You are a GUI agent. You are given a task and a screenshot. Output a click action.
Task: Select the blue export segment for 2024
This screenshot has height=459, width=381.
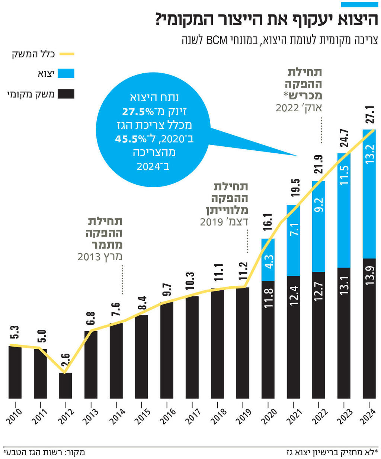(x=369, y=194)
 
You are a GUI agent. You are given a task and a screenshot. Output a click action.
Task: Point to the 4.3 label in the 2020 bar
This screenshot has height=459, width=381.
(x=269, y=262)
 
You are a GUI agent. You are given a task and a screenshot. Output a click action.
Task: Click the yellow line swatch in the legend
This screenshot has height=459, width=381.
(x=67, y=54)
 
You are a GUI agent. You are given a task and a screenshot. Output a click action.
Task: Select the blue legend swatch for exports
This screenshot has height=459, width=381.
(x=67, y=73)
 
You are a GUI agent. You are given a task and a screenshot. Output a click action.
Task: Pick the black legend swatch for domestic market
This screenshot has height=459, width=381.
(x=67, y=94)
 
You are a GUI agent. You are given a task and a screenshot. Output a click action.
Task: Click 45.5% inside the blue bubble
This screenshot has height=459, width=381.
(x=131, y=139)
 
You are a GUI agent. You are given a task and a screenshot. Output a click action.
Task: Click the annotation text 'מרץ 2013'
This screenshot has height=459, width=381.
(x=100, y=257)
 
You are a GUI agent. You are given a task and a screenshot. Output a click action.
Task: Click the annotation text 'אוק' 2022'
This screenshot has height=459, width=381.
(x=299, y=108)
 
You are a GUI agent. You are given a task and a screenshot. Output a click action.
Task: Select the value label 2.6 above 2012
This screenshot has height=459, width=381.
(x=65, y=361)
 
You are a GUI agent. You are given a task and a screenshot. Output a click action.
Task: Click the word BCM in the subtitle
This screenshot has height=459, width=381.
(x=217, y=40)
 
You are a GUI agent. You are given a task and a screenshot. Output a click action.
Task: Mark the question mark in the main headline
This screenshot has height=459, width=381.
(x=161, y=19)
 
